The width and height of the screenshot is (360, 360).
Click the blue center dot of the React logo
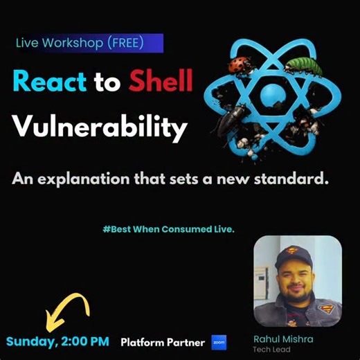coord(271,95)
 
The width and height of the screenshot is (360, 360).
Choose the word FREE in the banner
coord(125,43)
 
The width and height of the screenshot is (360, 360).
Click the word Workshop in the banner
coord(73,43)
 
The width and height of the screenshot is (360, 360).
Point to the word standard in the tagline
coord(297,179)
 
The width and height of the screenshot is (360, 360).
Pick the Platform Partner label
coord(163,342)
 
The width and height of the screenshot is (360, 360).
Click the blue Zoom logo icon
coord(219,342)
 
